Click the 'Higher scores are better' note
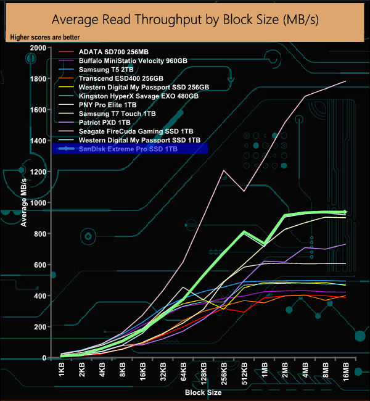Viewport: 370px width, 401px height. click(44, 38)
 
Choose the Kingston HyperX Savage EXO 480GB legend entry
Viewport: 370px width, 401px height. click(138, 96)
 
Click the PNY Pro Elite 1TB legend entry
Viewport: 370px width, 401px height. click(107, 105)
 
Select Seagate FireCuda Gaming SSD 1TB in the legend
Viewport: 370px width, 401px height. click(136, 131)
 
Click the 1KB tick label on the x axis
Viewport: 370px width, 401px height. click(62, 372)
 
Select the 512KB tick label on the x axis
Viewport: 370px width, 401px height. click(244, 374)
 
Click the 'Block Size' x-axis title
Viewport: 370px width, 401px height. click(203, 392)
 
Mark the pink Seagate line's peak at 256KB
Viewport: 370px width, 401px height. click(223, 170)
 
